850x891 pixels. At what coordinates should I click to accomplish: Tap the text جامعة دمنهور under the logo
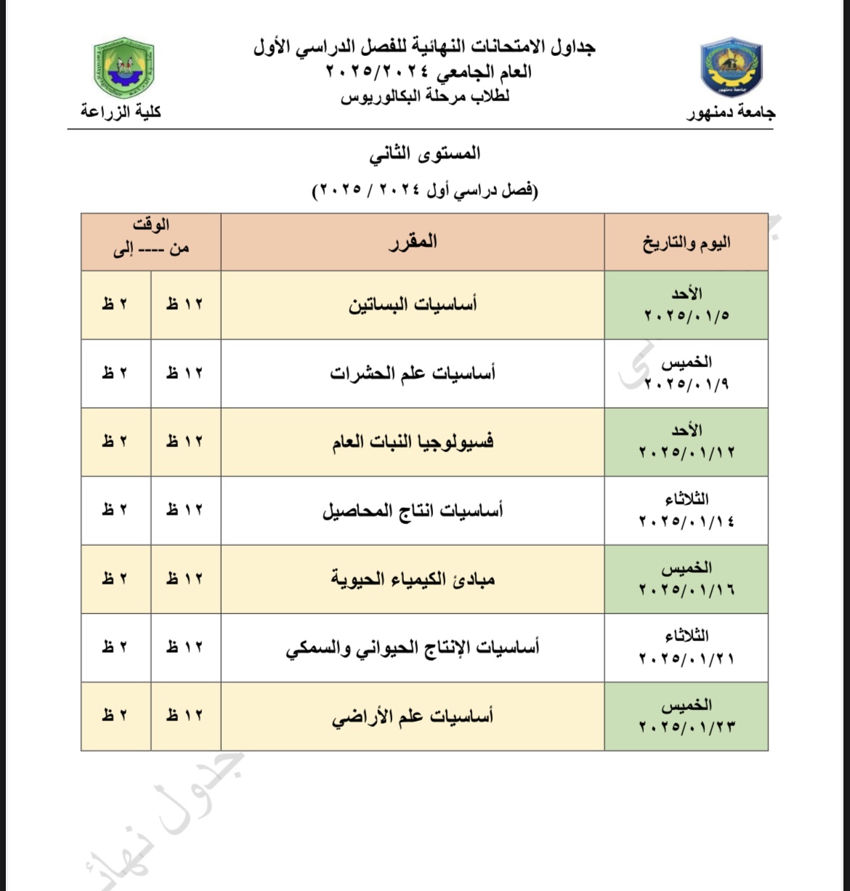click(731, 113)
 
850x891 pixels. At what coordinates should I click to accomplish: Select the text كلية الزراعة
click(121, 112)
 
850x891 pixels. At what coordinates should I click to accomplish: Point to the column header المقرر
click(413, 241)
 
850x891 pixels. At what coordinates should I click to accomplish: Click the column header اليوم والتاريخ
click(686, 242)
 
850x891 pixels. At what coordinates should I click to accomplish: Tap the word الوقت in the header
click(152, 225)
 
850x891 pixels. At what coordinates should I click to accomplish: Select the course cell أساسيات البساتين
click(413, 304)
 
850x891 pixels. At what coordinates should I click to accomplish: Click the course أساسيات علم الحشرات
click(413, 374)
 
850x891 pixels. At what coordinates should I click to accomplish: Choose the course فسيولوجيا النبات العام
click(413, 442)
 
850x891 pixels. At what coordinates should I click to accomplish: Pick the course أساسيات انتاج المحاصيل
click(413, 510)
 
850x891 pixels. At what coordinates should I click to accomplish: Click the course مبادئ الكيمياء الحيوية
click(413, 579)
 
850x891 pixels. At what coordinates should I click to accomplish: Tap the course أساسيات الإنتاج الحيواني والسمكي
click(413, 648)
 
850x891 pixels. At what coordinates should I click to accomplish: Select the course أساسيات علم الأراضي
click(413, 717)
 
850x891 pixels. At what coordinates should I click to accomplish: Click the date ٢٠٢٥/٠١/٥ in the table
click(687, 316)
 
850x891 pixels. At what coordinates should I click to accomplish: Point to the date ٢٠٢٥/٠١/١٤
click(687, 522)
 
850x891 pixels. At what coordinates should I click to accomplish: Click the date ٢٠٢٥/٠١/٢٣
click(687, 727)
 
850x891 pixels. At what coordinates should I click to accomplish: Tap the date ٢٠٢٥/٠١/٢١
click(687, 659)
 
